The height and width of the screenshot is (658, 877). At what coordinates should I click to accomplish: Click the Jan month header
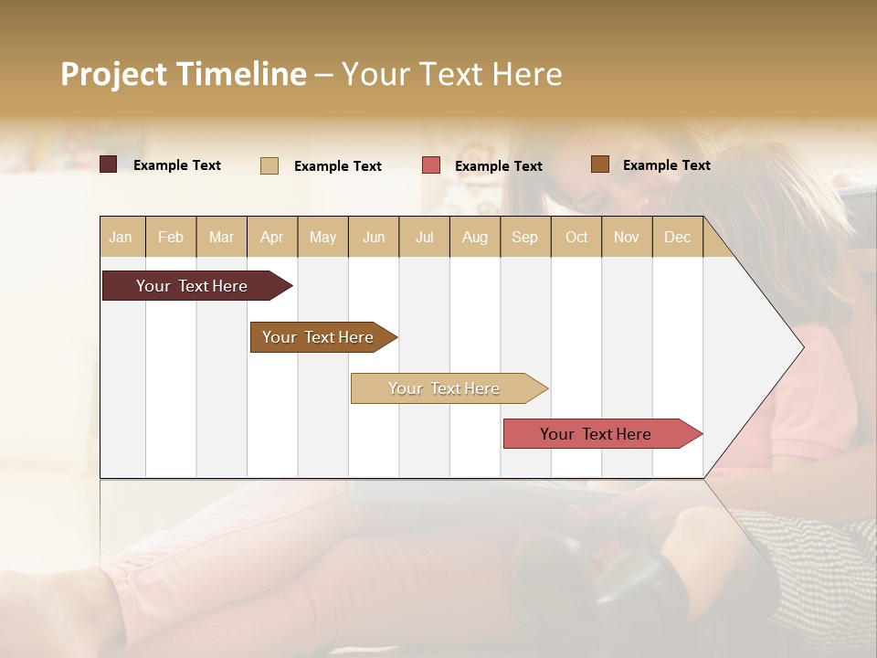(121, 238)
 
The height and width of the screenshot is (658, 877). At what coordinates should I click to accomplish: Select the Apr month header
(272, 238)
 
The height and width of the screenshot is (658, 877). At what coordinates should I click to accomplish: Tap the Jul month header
(424, 238)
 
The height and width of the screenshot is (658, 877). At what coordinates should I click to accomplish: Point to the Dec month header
(677, 238)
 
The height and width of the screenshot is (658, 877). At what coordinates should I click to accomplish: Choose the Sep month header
(524, 238)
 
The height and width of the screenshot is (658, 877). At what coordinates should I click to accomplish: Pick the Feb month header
(171, 238)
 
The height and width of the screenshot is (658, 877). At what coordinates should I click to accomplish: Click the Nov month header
(627, 238)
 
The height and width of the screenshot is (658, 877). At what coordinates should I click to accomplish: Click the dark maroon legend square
(109, 164)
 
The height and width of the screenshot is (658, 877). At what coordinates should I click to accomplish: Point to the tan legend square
(269, 165)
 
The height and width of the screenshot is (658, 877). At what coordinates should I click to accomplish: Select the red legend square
(431, 165)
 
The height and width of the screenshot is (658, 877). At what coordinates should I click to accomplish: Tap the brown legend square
(600, 164)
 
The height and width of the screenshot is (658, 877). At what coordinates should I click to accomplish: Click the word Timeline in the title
(240, 74)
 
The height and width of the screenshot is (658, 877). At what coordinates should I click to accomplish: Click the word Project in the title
(113, 74)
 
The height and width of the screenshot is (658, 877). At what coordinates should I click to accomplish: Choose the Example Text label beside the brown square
(666, 165)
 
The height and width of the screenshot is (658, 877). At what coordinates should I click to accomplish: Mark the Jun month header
(374, 238)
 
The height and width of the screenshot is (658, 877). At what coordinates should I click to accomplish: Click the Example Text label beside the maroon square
(177, 165)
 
